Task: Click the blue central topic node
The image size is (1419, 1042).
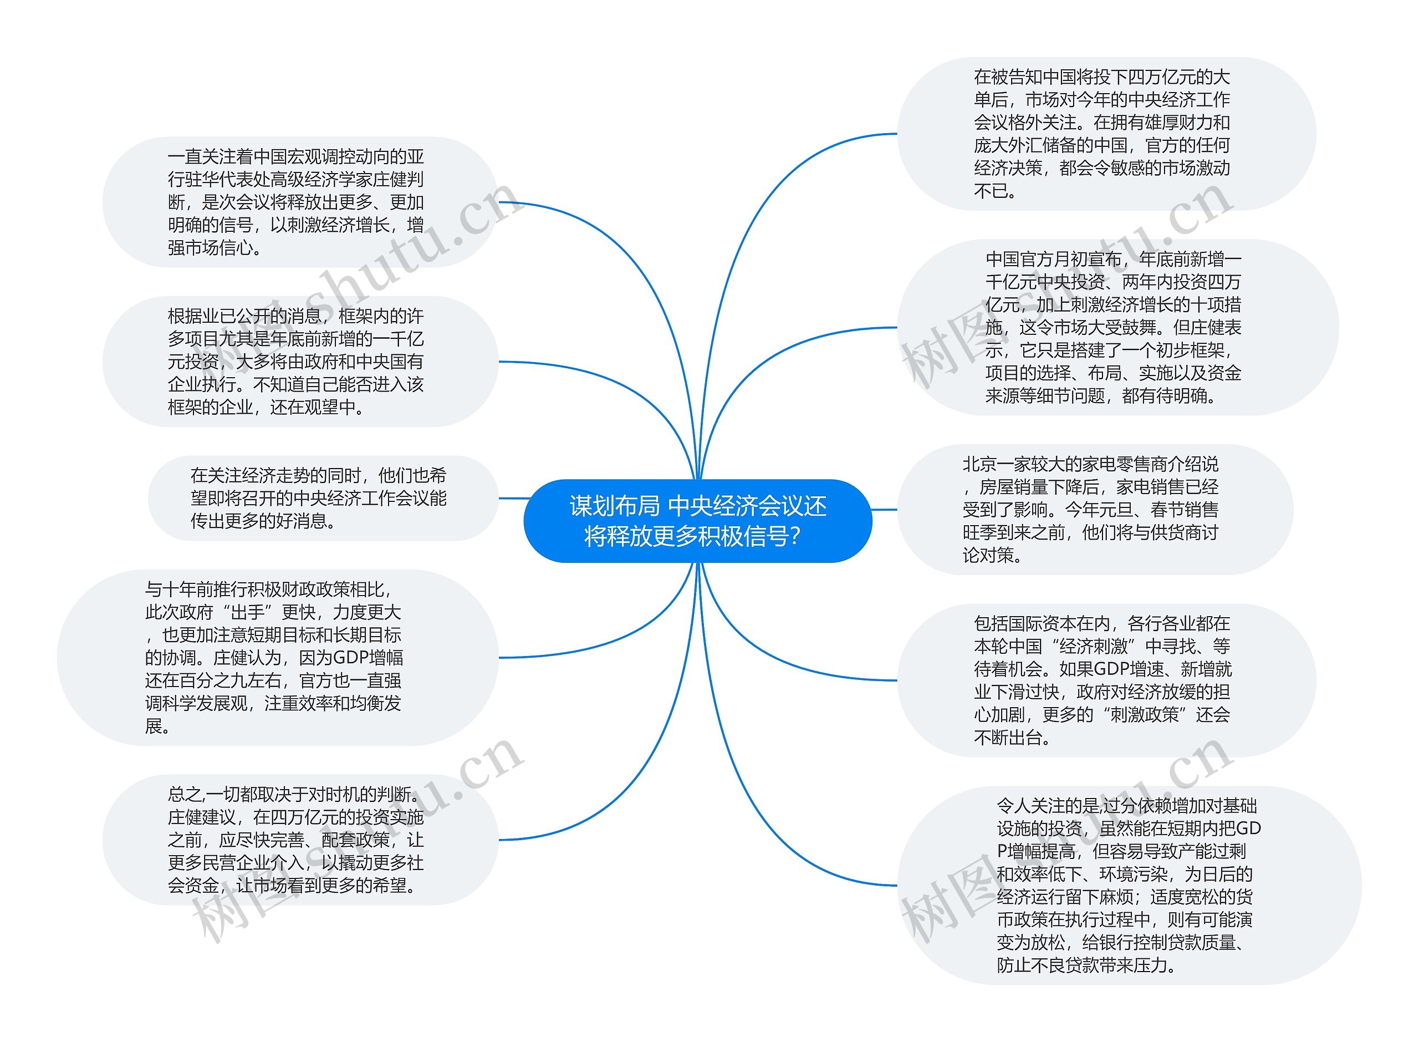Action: coord(697,521)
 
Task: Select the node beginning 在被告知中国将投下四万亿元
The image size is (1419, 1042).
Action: coord(1106,134)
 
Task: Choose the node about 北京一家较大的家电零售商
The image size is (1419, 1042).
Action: coord(1094,510)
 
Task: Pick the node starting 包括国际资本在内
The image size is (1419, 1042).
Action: coord(1106,680)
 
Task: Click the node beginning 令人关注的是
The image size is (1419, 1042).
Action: coord(1129,885)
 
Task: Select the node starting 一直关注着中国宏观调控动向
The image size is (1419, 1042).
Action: coord(300,202)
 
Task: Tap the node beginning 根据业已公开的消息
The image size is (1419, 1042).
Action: coord(300,362)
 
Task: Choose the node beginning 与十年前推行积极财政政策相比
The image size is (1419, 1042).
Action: coord(277,657)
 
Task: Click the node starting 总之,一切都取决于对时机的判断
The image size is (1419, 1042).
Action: coord(300,840)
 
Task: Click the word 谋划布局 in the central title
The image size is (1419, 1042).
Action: coord(614,506)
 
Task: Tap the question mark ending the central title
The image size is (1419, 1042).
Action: coord(794,537)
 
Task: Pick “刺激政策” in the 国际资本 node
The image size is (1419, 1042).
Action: coord(1144,715)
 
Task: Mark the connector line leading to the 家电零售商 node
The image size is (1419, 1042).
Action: coord(885,510)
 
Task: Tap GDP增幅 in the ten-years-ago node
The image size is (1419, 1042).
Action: coord(367,658)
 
